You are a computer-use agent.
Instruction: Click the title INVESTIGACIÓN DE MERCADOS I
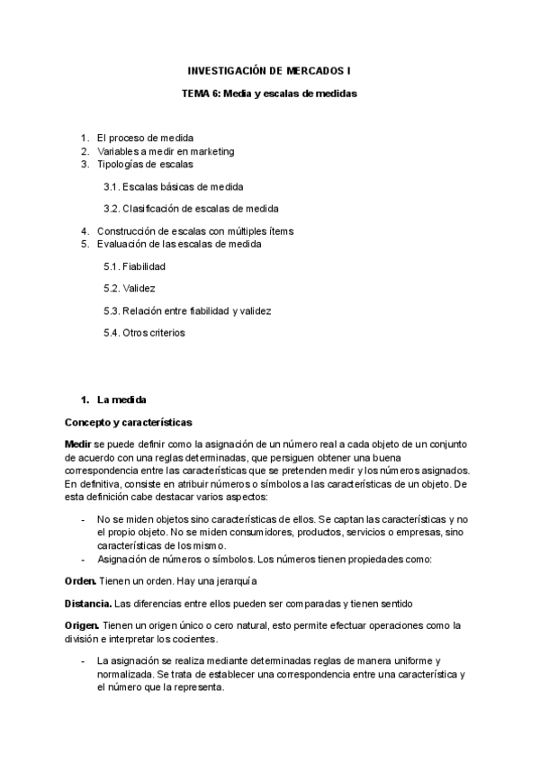click(x=269, y=69)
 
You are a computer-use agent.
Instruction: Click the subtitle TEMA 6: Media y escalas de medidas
click(x=269, y=93)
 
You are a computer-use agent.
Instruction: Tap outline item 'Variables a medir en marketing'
click(x=166, y=151)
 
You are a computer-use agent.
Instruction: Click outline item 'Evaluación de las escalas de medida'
click(x=180, y=244)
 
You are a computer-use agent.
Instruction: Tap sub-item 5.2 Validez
click(x=130, y=289)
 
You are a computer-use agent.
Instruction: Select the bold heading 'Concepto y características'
click(x=128, y=421)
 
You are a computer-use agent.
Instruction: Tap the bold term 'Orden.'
click(x=82, y=581)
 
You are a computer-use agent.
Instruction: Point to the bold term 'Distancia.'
click(x=88, y=603)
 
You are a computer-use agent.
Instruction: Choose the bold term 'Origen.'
click(x=84, y=625)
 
